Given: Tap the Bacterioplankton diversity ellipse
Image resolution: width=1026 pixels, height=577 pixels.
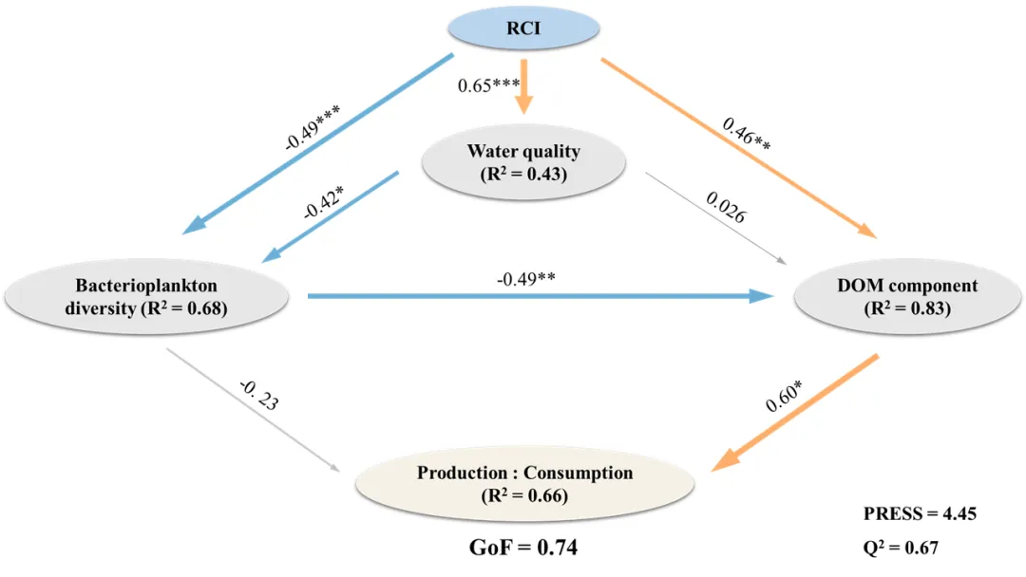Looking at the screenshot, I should click(x=146, y=296).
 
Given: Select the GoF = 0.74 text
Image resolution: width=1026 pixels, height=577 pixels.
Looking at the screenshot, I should click(x=523, y=548).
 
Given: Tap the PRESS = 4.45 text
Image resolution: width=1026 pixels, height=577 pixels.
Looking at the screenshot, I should click(x=919, y=513).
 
